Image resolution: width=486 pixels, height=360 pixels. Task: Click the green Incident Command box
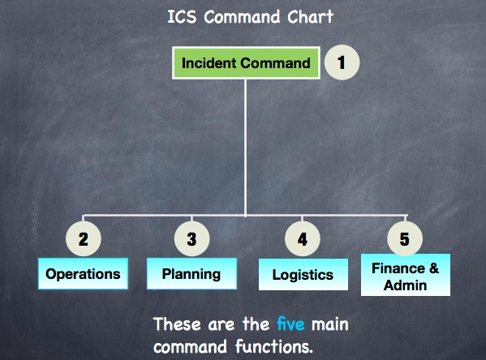[246, 63]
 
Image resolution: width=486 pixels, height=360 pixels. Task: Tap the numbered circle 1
[342, 62]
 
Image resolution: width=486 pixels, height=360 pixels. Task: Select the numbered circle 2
[84, 239]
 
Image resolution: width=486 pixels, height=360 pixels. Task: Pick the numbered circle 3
[191, 239]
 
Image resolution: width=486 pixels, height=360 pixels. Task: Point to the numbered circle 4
[303, 239]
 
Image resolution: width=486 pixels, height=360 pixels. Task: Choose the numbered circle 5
[405, 238]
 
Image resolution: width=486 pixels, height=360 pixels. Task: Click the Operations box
[83, 274]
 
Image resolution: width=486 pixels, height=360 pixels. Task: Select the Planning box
[191, 274]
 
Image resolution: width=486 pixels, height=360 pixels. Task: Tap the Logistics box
[303, 275]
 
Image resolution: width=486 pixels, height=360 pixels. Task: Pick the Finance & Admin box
[406, 275]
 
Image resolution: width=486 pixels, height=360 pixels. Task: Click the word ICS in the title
[182, 17]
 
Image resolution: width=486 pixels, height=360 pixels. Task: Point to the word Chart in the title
[310, 17]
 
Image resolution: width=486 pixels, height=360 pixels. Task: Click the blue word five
[290, 324]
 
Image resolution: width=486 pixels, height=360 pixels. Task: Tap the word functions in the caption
[273, 346]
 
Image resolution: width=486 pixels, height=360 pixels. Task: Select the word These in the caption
[177, 324]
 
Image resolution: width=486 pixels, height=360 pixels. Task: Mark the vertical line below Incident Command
[245, 148]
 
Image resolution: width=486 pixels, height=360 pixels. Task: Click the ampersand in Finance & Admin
[434, 268]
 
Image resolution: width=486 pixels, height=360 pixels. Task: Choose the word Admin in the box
[405, 285]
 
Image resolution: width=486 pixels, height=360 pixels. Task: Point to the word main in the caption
[329, 324]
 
